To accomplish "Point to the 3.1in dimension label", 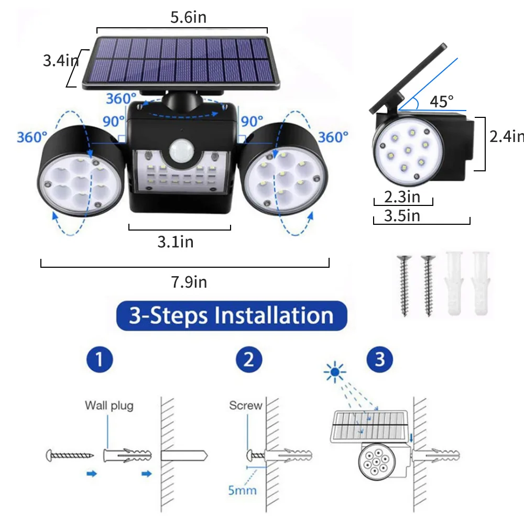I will pyautogui.click(x=176, y=242).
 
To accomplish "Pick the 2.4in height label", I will pyautogui.click(x=506, y=136).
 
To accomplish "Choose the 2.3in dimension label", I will pyautogui.click(x=402, y=198).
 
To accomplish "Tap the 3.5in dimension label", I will pyautogui.click(x=402, y=215).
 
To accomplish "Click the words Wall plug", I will pyautogui.click(x=109, y=405).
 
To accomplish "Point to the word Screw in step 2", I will pyautogui.click(x=245, y=406).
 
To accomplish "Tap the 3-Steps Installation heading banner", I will pyautogui.click(x=231, y=316).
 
